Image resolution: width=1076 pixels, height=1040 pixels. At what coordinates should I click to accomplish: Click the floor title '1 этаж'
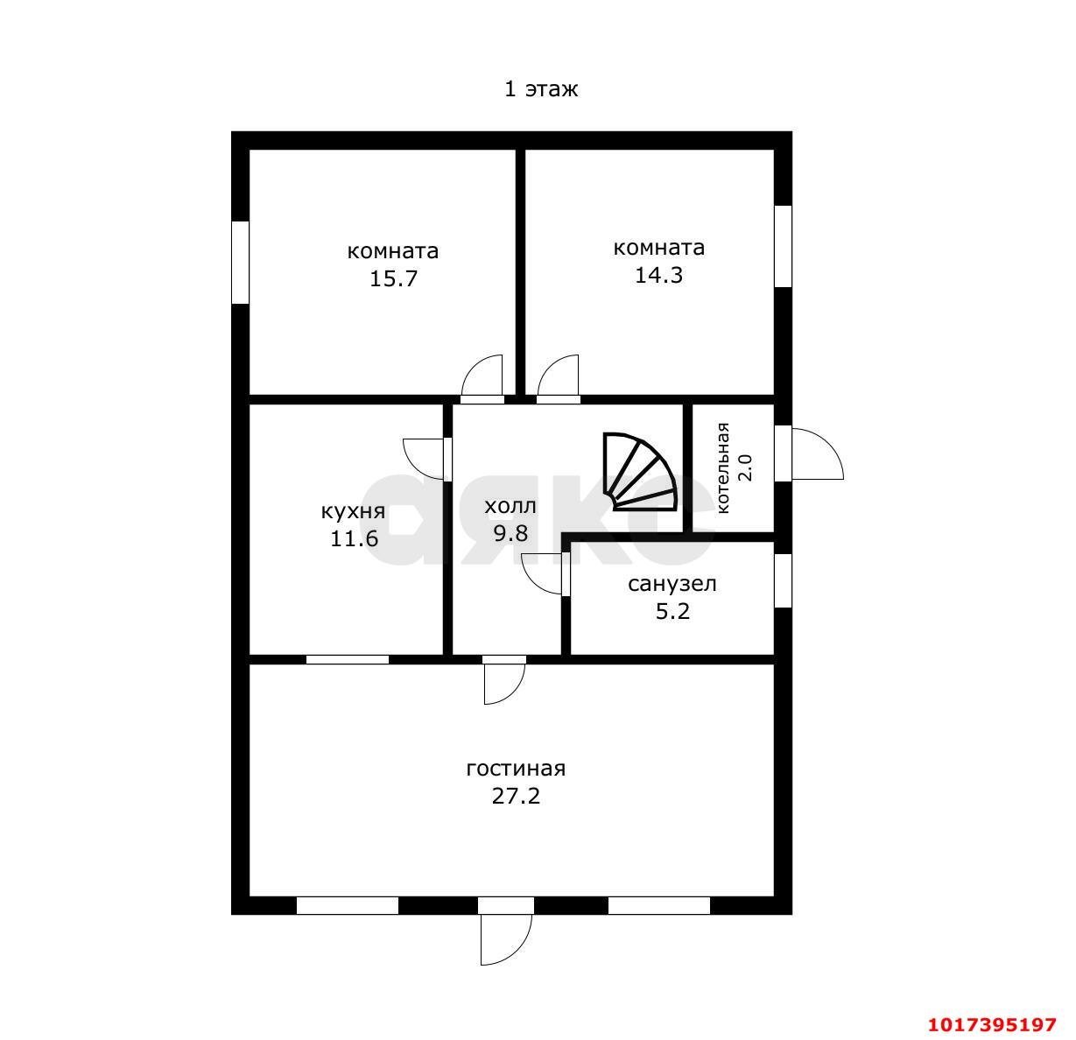[x=541, y=89]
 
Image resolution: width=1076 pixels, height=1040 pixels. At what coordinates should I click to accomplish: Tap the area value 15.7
[x=393, y=278]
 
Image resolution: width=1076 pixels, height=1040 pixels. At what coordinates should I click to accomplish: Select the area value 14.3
[x=658, y=275]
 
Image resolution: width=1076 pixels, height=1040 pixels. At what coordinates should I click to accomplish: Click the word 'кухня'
[x=353, y=511]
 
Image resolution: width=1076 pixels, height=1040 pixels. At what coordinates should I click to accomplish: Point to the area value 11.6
[x=354, y=538]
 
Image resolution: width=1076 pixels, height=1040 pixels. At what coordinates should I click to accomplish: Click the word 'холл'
[x=510, y=506]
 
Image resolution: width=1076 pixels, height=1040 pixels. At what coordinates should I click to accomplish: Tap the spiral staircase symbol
[x=640, y=471]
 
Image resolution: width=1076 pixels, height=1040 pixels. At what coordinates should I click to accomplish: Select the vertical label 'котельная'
[x=722, y=468]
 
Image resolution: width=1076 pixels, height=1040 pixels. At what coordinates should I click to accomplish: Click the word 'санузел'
[x=672, y=584]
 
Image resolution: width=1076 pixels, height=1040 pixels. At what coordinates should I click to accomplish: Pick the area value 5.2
[x=672, y=612]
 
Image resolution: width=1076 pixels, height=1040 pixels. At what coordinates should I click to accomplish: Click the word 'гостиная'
[x=516, y=769]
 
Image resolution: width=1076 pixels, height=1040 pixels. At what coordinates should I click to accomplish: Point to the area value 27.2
[x=516, y=796]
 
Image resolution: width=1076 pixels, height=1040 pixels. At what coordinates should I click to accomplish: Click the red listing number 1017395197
[x=992, y=1024]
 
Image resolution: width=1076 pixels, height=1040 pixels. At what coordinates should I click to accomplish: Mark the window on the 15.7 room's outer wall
[x=240, y=262]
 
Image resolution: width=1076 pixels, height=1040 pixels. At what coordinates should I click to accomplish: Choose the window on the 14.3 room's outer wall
[x=783, y=246]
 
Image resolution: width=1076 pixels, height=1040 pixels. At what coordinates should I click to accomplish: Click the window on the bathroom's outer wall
[x=783, y=580]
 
